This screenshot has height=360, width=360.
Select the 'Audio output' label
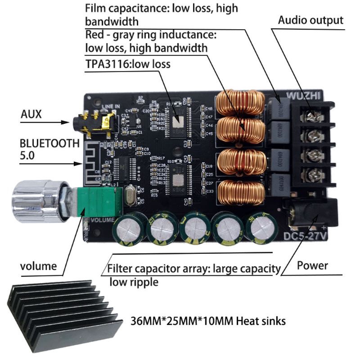[310, 20]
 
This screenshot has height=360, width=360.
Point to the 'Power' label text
[312, 265]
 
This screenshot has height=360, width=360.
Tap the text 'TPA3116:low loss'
[128, 64]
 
